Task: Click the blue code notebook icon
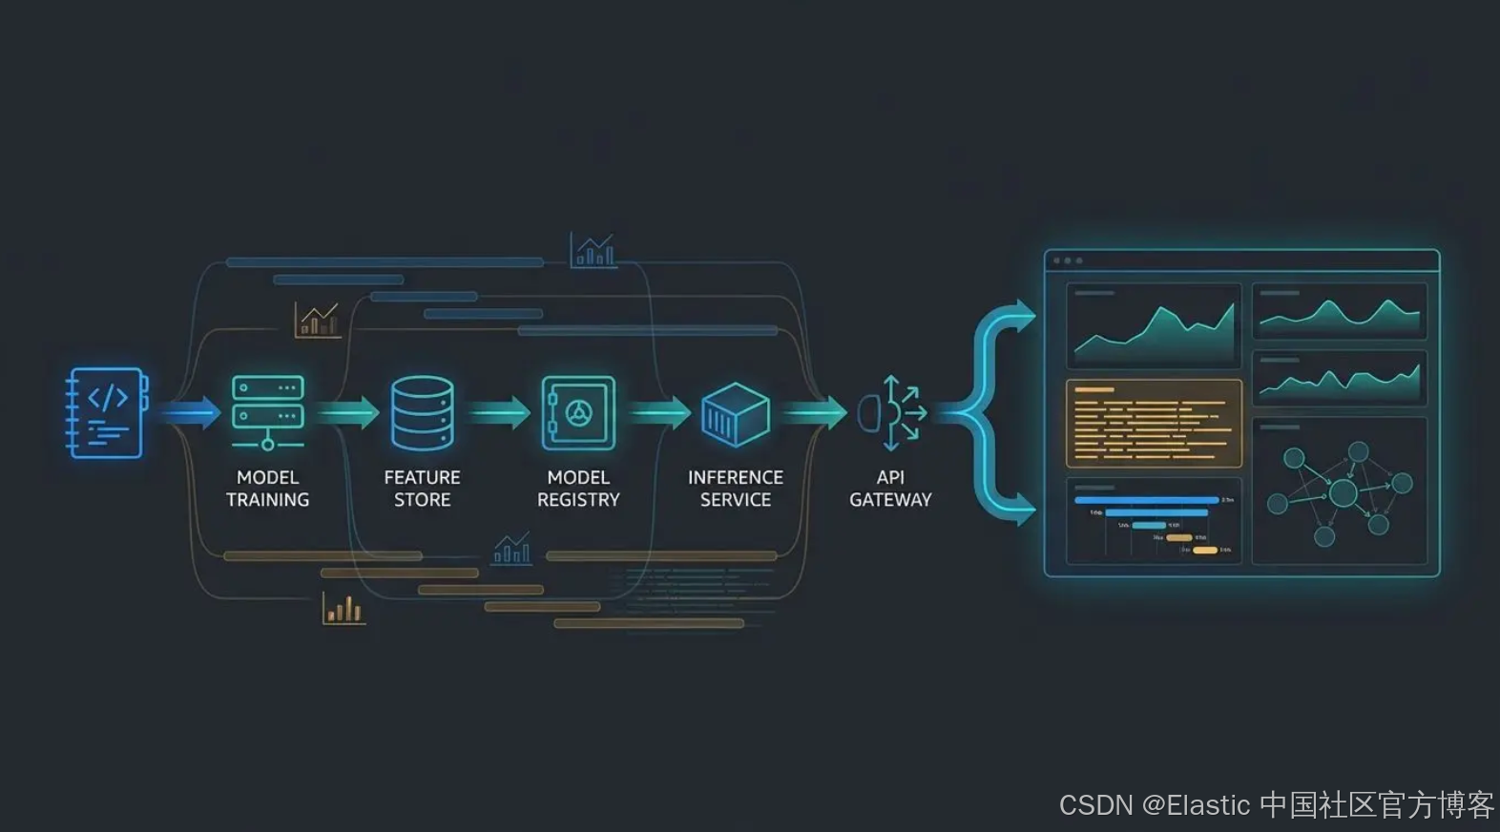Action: pyautogui.click(x=107, y=412)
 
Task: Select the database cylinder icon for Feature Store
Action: pyautogui.click(x=422, y=412)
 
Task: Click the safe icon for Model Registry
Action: pyautogui.click(x=578, y=412)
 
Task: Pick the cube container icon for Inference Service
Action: pyautogui.click(x=735, y=414)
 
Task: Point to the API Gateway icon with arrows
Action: pyautogui.click(x=891, y=413)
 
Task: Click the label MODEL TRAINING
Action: pyautogui.click(x=268, y=489)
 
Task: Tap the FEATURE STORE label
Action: pyautogui.click(x=422, y=489)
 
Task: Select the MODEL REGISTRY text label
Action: pyautogui.click(x=578, y=489)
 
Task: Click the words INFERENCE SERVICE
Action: pyautogui.click(x=735, y=489)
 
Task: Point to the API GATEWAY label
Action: pyautogui.click(x=890, y=489)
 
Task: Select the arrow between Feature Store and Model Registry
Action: pyautogui.click(x=499, y=413)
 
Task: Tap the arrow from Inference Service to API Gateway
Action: pyautogui.click(x=814, y=413)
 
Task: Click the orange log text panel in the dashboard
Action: pyautogui.click(x=1154, y=424)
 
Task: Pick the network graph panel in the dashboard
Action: pyautogui.click(x=1339, y=490)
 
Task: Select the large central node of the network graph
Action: pyautogui.click(x=1344, y=493)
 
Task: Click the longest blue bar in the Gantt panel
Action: pyautogui.click(x=1146, y=500)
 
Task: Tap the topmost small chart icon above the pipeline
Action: pyautogui.click(x=593, y=251)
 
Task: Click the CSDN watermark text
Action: pyautogui.click(x=1277, y=805)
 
